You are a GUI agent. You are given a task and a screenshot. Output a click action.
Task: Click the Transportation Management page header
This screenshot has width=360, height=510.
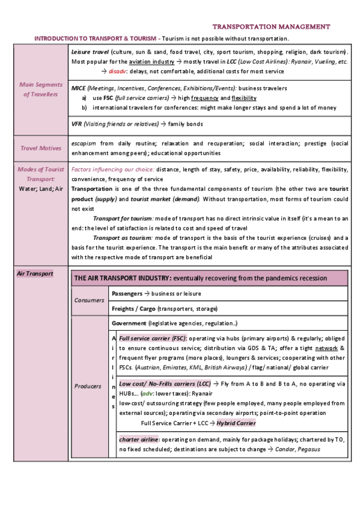pos(271,26)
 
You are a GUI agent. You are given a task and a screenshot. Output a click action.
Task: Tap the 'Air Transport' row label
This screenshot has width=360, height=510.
pos(35,274)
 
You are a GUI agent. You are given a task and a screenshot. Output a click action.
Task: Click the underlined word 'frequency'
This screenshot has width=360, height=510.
pos(205,98)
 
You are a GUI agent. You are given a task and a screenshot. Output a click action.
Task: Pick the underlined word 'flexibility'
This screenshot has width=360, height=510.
pos(244,98)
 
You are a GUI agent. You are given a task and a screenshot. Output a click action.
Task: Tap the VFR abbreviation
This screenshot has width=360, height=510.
pos(76,124)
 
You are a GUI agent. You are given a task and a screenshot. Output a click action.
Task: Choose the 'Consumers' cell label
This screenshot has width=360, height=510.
pos(89,300)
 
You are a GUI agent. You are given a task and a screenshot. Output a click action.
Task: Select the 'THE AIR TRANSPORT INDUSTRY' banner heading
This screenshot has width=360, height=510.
pos(122,278)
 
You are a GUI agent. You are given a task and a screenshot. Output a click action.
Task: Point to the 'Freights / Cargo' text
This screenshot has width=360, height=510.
pos(133,309)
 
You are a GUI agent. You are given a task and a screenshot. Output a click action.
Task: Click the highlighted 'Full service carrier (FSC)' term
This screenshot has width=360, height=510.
pos(153,338)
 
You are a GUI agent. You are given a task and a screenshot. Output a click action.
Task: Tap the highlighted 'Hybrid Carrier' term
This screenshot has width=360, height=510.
pos(236,423)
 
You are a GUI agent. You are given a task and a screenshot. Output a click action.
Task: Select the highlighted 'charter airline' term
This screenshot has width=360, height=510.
pos(138,439)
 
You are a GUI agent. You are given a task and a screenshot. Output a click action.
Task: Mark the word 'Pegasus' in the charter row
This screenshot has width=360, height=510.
pos(307,449)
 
